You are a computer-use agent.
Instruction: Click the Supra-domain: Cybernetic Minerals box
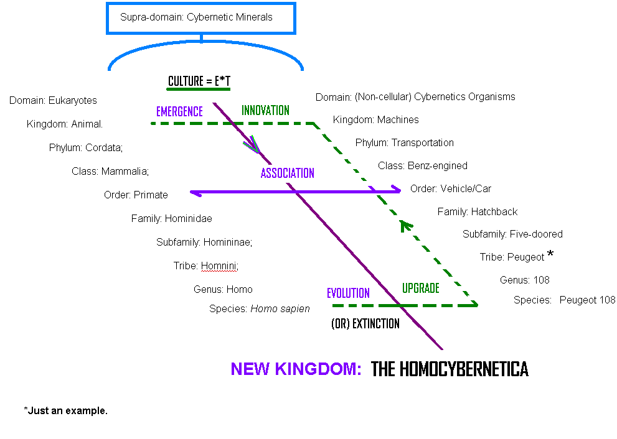201,18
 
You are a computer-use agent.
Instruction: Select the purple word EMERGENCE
179,112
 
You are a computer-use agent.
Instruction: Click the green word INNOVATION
265,111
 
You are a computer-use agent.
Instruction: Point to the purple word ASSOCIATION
287,173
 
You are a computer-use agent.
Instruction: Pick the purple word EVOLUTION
348,293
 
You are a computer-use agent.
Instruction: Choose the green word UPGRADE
420,289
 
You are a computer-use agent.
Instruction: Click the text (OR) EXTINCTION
365,324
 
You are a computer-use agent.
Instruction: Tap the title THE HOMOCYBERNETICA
450,369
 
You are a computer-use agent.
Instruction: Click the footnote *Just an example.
65,411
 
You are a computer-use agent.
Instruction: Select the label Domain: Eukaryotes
53,100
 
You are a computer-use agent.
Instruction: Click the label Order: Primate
136,195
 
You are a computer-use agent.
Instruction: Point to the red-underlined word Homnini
219,266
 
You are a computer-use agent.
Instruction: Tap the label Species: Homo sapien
259,308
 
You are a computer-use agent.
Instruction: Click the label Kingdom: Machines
375,119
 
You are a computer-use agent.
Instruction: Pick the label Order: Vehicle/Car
450,188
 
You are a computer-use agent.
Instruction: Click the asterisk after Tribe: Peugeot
550,254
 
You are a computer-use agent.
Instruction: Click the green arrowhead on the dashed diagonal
406,225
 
